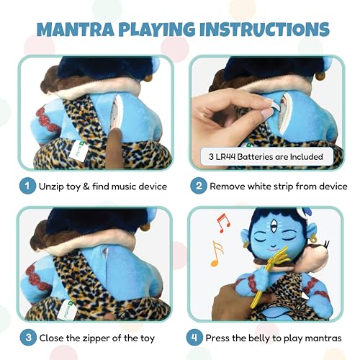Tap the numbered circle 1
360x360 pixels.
[27, 186]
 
